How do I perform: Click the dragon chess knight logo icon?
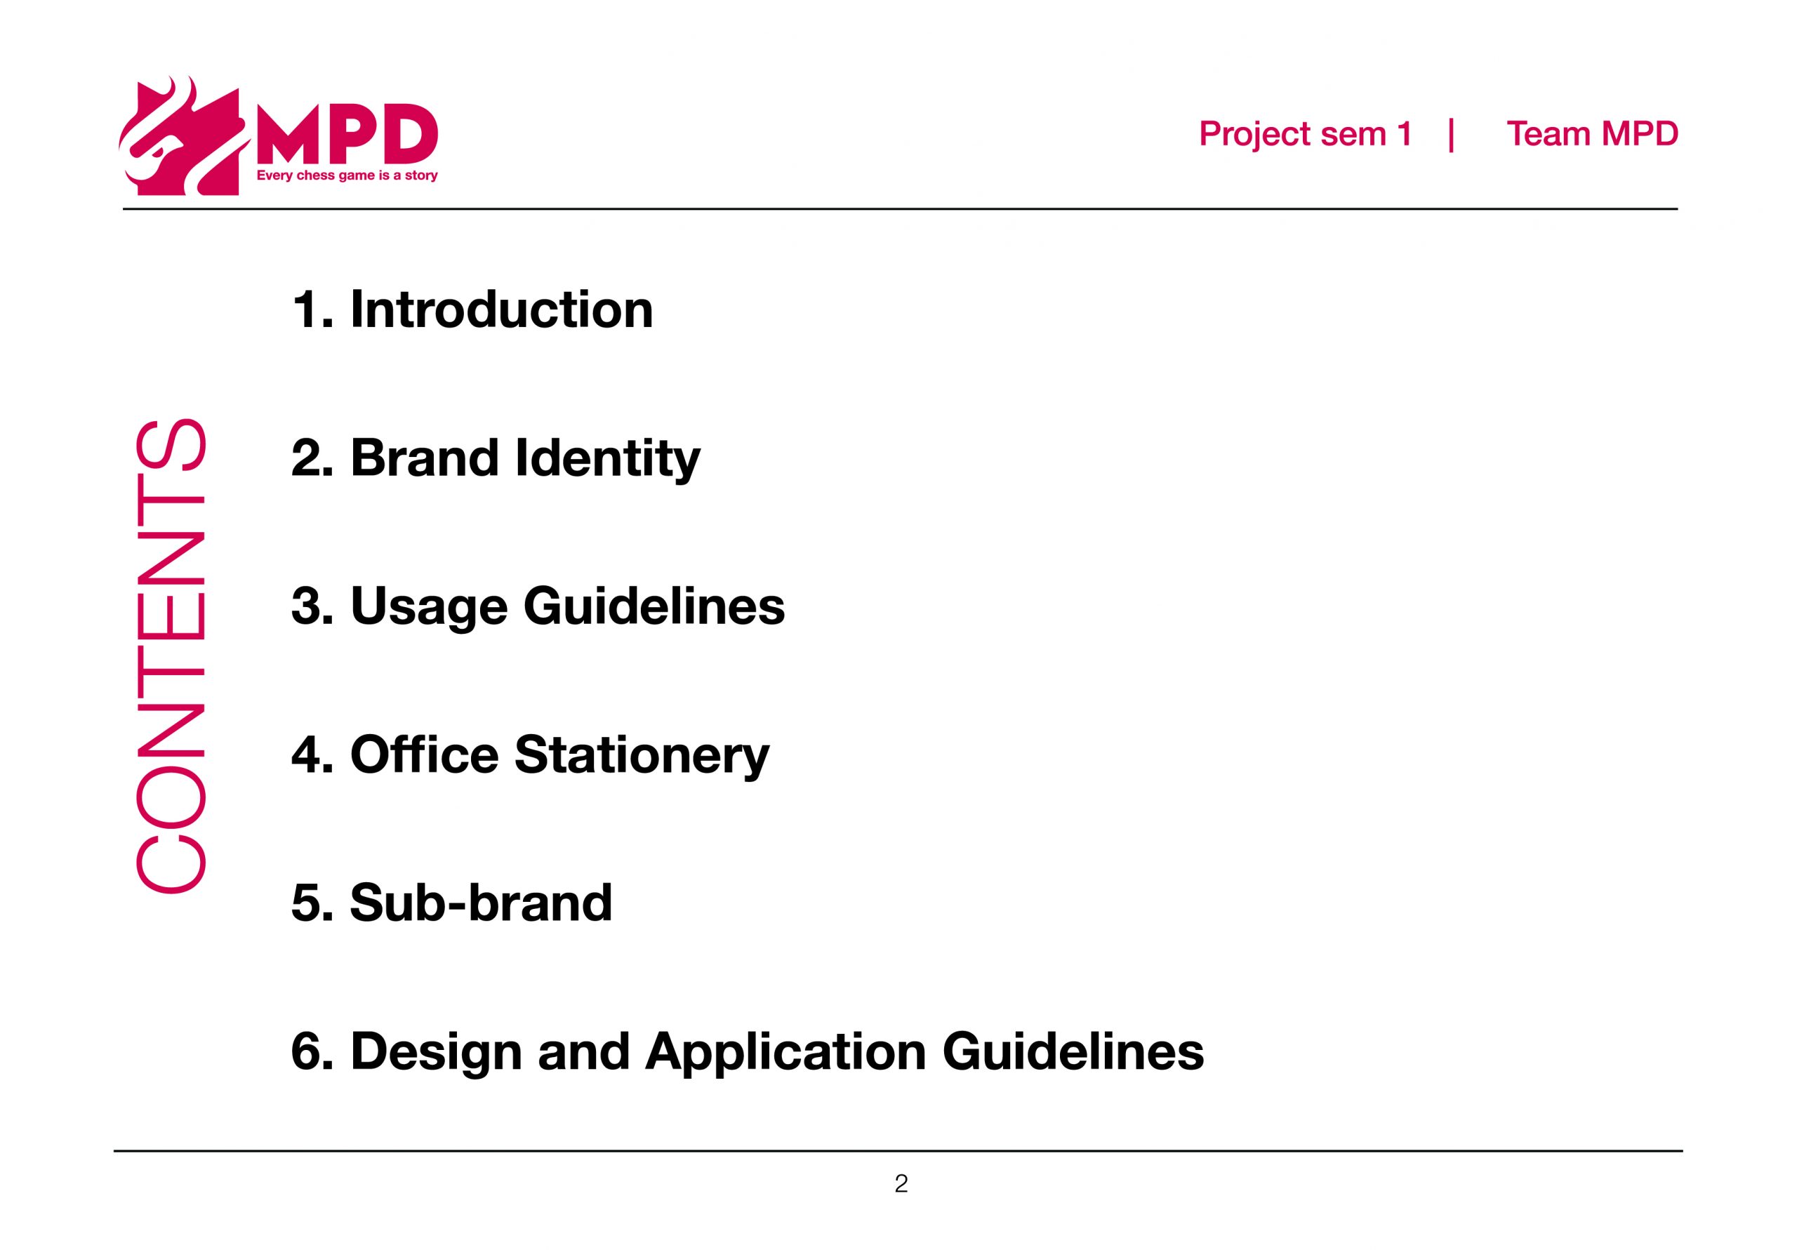click(184, 137)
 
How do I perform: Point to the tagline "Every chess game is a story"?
click(347, 175)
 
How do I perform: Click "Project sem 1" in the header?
click(1306, 134)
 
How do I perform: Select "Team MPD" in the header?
click(1592, 134)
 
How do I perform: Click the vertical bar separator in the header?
click(1452, 135)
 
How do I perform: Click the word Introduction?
click(502, 310)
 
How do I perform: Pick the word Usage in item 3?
click(430, 606)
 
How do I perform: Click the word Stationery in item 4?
click(642, 755)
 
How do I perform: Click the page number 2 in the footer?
click(901, 1183)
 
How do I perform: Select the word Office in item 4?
click(424, 754)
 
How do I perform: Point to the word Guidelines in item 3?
click(654, 606)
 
